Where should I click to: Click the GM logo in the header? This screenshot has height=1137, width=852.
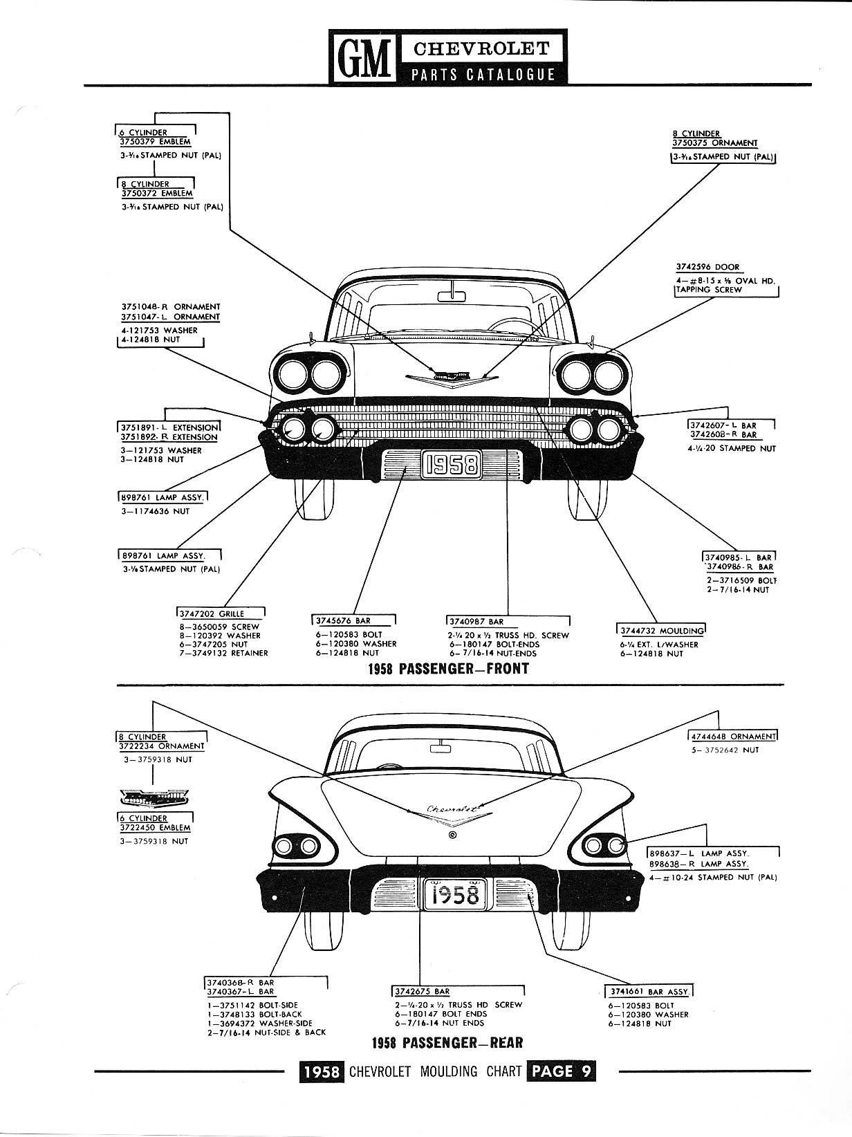click(362, 57)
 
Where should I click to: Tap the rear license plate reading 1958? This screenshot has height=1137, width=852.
click(452, 896)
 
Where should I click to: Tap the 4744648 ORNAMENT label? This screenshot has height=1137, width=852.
click(733, 737)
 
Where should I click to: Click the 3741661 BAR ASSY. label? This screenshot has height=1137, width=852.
click(647, 992)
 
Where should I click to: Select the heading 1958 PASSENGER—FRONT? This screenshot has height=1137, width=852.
click(449, 668)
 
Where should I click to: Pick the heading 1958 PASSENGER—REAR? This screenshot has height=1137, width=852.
click(447, 1043)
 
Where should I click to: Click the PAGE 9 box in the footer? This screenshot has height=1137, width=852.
click(559, 1071)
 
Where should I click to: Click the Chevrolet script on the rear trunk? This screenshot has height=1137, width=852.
click(454, 808)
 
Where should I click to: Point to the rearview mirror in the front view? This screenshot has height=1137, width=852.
click(453, 297)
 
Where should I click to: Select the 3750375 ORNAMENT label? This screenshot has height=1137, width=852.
click(715, 143)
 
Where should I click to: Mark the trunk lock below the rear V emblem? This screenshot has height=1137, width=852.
click(452, 835)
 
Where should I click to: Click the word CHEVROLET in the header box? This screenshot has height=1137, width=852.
click(481, 48)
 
